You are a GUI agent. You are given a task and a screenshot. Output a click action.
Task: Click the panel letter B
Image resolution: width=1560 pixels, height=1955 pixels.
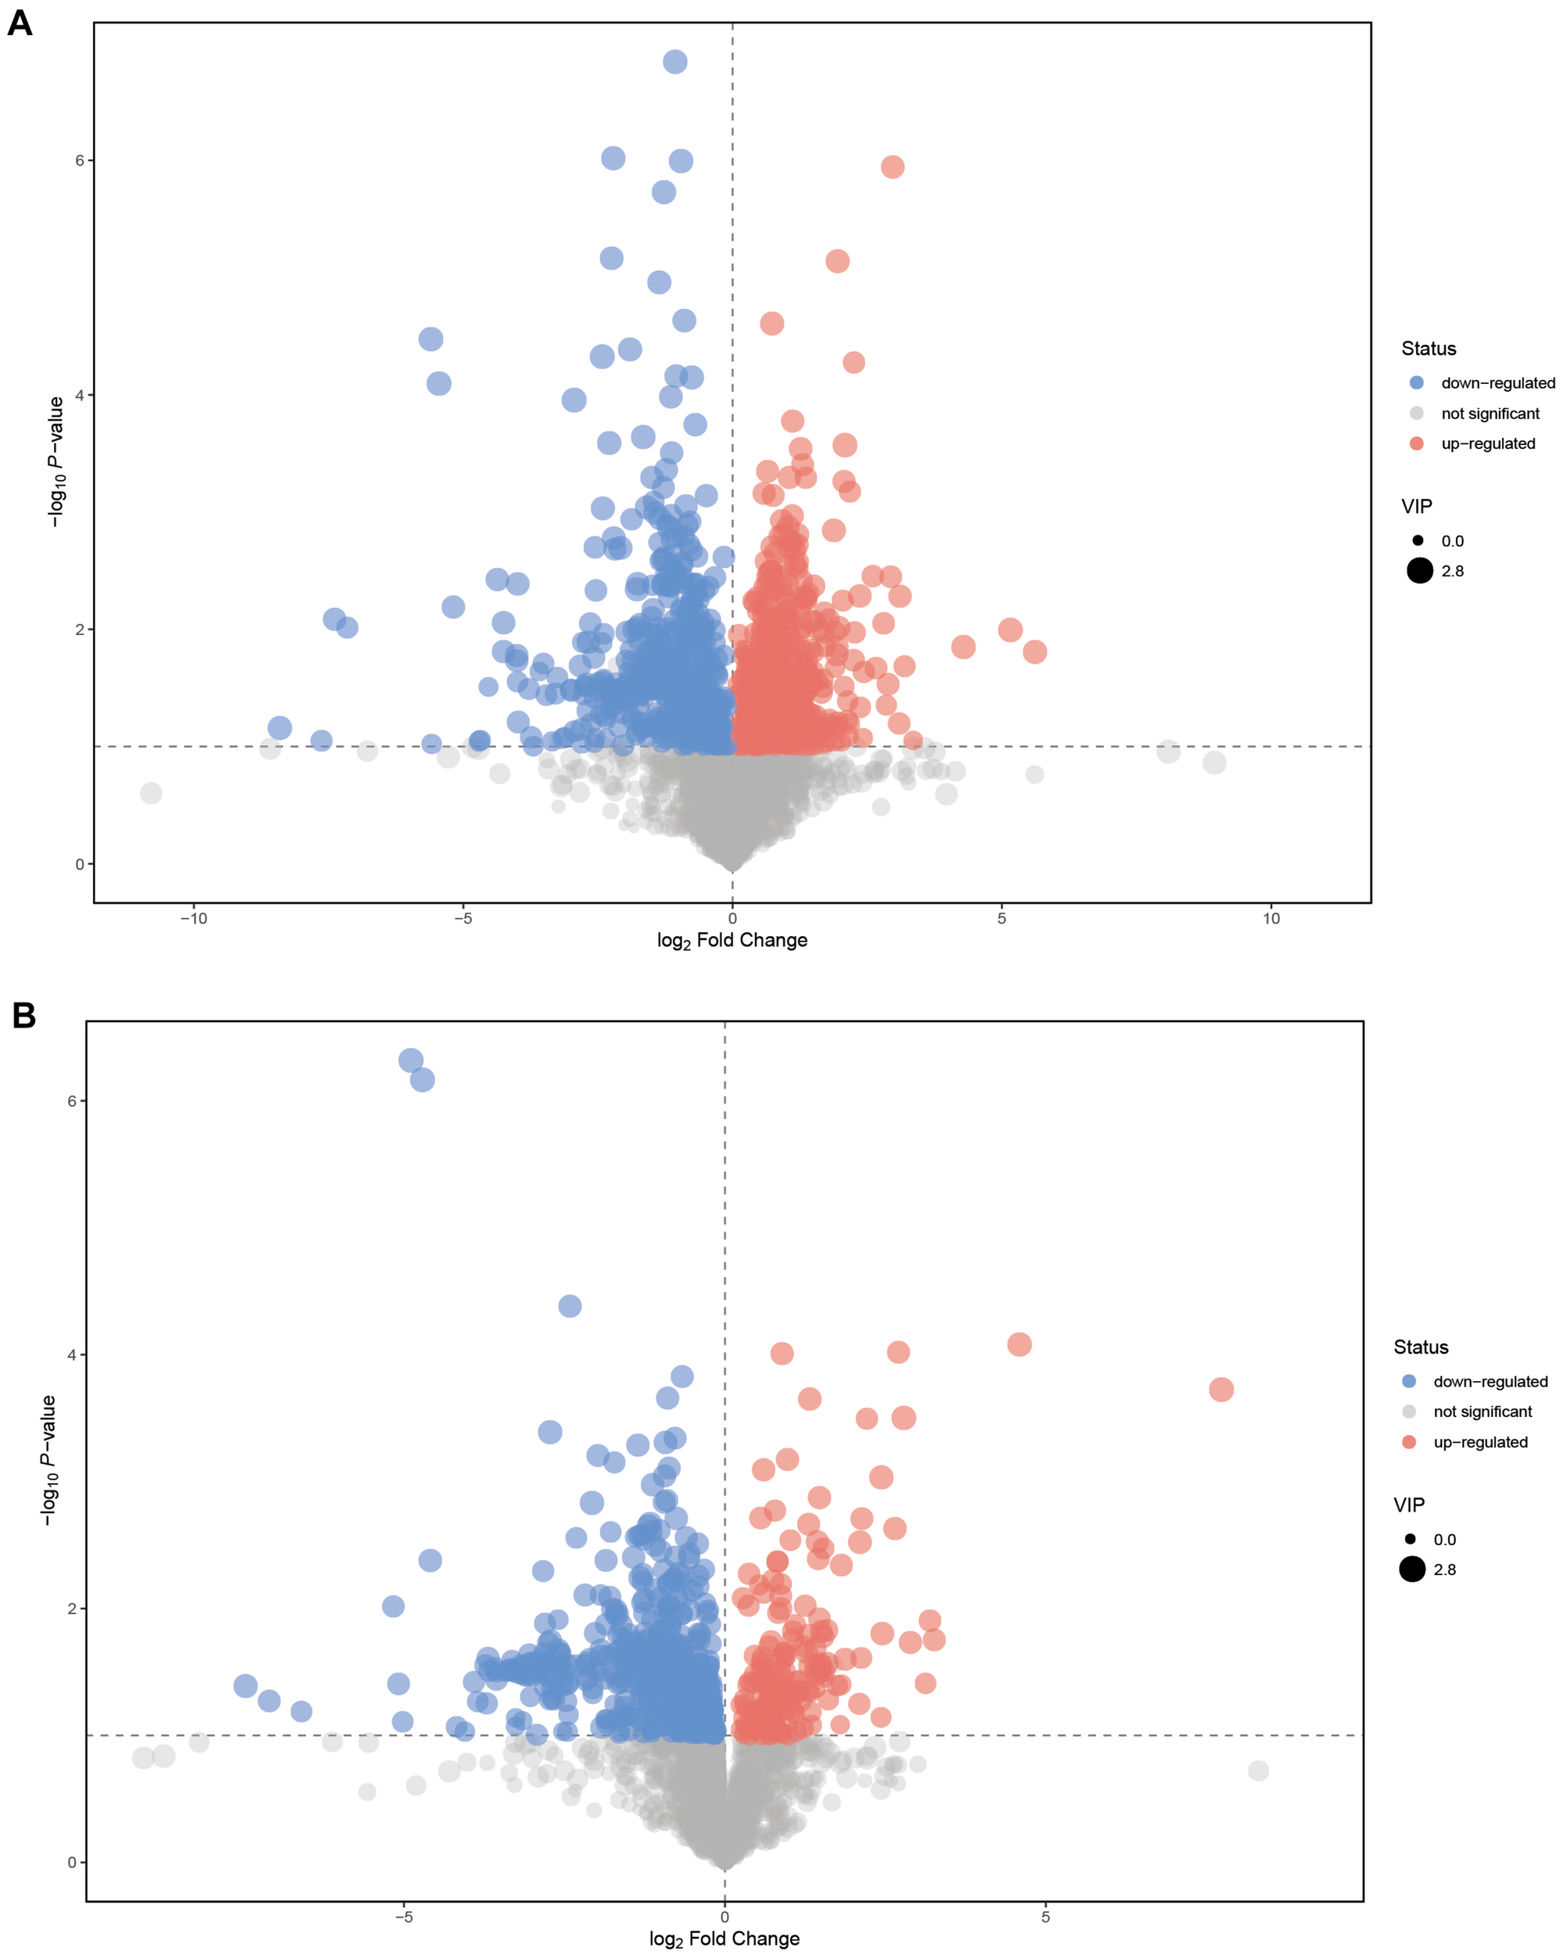(x=23, y=1016)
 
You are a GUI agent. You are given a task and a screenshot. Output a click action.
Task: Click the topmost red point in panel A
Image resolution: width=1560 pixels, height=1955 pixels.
(x=893, y=167)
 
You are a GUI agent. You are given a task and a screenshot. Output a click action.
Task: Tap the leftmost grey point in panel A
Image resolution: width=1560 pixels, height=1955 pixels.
(x=152, y=794)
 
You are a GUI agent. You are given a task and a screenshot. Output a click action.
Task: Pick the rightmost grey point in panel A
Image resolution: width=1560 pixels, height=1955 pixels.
(x=1214, y=762)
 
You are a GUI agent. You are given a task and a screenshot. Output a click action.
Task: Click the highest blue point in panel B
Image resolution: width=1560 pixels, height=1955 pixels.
(x=411, y=1060)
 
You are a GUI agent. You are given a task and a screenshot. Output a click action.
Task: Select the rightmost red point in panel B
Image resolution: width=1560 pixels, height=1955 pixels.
(x=1220, y=1389)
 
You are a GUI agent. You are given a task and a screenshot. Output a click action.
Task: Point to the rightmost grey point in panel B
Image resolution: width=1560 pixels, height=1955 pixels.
(x=1258, y=1770)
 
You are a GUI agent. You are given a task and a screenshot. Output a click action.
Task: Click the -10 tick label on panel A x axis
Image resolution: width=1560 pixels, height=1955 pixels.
(x=193, y=919)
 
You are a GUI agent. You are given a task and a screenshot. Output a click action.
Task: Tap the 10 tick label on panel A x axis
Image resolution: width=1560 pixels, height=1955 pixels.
(x=1271, y=919)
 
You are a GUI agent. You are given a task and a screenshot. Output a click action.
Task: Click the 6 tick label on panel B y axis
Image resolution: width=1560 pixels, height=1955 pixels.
(x=72, y=1101)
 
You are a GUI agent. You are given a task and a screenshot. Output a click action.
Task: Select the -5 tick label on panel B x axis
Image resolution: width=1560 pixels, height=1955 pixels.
(x=404, y=1917)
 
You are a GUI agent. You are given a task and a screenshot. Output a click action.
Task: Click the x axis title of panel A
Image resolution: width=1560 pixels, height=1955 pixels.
(x=732, y=940)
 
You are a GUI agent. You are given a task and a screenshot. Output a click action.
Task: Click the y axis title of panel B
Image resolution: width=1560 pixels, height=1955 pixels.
(x=48, y=1460)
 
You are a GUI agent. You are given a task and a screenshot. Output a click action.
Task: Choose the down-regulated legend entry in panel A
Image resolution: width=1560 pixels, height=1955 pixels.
(x=1497, y=382)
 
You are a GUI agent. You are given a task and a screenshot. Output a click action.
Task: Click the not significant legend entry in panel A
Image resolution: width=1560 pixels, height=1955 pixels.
(x=1490, y=414)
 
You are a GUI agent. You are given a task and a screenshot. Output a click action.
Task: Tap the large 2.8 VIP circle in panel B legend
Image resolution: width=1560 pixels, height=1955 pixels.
(x=1412, y=1569)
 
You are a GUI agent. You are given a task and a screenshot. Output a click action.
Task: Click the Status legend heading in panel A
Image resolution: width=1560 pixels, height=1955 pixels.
(x=1429, y=348)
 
